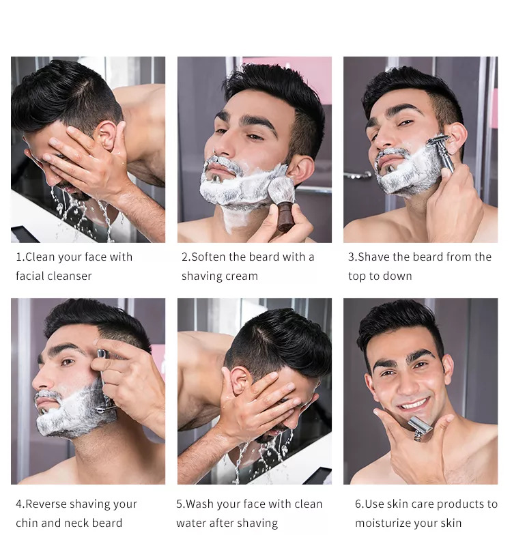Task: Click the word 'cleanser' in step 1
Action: [x=70, y=276]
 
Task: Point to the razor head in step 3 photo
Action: [x=438, y=141]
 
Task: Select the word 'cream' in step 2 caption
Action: [x=242, y=276]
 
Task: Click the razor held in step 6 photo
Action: [x=420, y=427]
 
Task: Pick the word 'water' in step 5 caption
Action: [x=190, y=523]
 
